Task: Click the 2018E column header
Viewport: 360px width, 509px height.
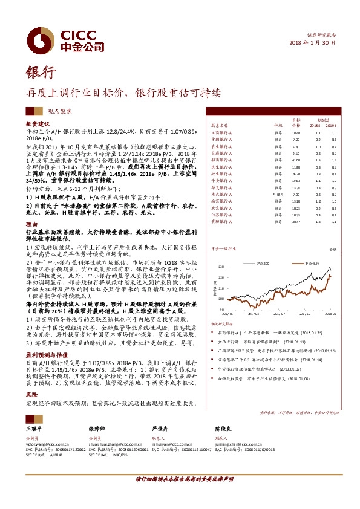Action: click(x=317, y=125)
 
